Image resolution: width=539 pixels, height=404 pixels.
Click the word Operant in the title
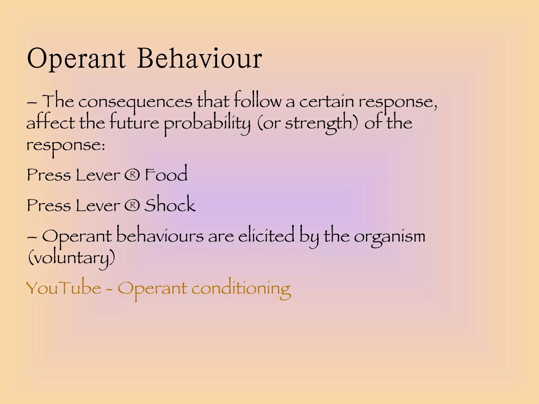pyautogui.click(x=76, y=59)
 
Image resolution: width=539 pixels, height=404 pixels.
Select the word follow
pyautogui.click(x=257, y=100)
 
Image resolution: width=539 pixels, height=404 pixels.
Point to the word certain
pyautogui.click(x=326, y=101)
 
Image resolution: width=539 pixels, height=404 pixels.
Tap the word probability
pyautogui.click(x=207, y=124)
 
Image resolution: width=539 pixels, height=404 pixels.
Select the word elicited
pyautogui.click(x=266, y=235)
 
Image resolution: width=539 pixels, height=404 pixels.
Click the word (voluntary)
pyautogui.click(x=71, y=258)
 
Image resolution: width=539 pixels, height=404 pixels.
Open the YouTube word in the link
pyautogui.click(x=64, y=288)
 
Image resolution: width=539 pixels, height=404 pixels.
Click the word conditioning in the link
pyautogui.click(x=241, y=288)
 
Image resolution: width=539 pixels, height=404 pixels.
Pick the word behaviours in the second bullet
pyautogui.click(x=160, y=235)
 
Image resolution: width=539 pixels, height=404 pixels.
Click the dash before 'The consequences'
pyautogui.click(x=32, y=102)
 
